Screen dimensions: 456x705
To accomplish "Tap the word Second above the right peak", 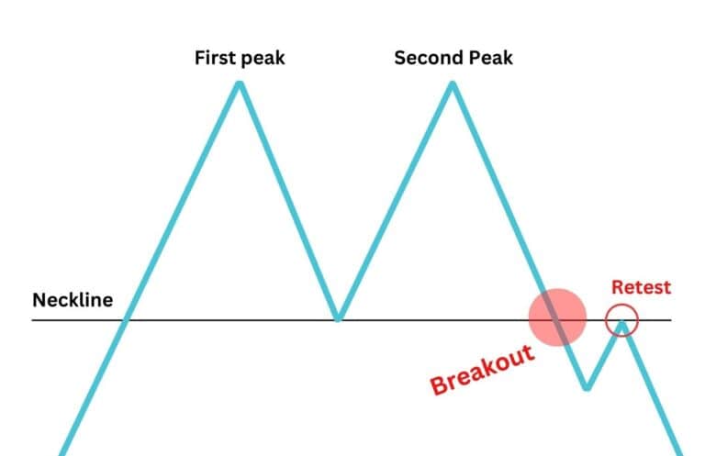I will coord(427,58).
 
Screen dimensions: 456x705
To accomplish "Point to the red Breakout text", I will coord(482,369).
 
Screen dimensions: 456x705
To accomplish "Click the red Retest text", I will coord(641,287).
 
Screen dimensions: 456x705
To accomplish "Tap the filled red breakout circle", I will coord(557,317).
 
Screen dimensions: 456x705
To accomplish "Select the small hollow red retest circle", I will coord(622,320).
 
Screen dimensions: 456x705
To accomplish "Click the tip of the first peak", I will coord(239,84).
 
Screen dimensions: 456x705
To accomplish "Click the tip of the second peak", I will coord(452,84).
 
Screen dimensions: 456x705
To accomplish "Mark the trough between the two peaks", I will coord(338,317).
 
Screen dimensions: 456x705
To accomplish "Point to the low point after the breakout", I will coord(587,387).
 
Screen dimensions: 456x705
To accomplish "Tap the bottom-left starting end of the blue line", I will coord(62,453).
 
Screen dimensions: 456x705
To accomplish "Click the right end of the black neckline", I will coord(671,319).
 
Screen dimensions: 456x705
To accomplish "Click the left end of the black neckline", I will coord(33,319).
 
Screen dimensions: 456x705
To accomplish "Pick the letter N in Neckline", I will coord(39,300).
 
